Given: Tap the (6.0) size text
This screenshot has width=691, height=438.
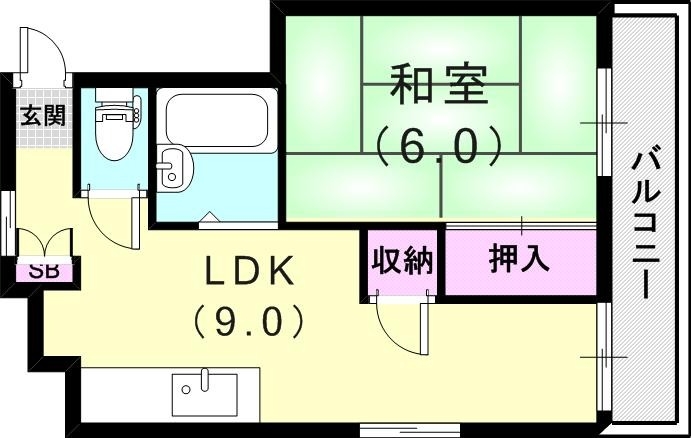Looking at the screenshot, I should click(x=438, y=148).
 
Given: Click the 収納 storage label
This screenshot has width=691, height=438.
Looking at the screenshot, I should click(x=402, y=261).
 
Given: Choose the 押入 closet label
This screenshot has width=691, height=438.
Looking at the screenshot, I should click(x=519, y=260).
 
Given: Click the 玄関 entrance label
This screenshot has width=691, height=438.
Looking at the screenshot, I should click(x=42, y=114).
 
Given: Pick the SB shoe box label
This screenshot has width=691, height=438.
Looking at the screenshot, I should click(x=42, y=270).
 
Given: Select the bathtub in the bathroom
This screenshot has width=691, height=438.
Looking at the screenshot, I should click(x=218, y=118).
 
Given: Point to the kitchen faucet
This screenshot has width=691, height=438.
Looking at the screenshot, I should click(x=204, y=378).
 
